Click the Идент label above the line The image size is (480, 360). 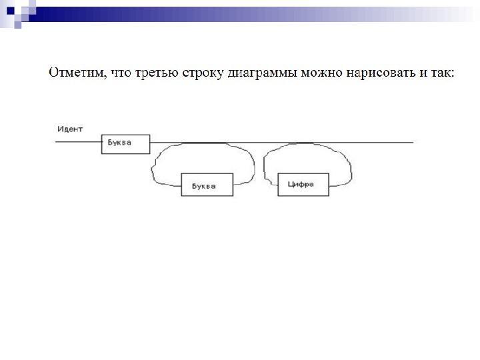pos(69,129)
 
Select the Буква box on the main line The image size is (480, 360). pos(125,144)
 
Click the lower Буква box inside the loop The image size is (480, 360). pos(207,185)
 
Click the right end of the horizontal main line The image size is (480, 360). pos(411,142)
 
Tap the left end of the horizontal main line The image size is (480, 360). pos(57,142)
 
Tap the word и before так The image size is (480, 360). pos(420,72)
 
